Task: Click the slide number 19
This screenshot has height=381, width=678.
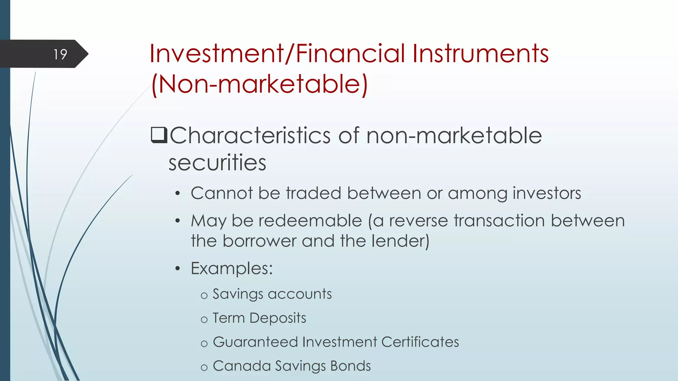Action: (x=60, y=54)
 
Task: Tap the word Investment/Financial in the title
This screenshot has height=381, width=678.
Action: (x=277, y=54)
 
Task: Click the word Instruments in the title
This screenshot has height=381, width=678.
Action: (x=480, y=54)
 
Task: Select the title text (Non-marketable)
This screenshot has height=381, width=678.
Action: (x=260, y=84)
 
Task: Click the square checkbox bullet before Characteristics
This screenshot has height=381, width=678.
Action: (x=159, y=135)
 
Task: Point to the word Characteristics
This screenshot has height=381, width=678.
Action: (x=250, y=136)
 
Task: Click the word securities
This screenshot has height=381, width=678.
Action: (x=217, y=163)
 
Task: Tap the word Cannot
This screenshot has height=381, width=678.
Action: (x=221, y=193)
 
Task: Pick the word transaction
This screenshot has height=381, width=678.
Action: (x=499, y=221)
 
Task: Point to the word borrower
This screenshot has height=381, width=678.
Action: (x=260, y=241)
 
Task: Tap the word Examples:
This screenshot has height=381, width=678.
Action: (x=232, y=268)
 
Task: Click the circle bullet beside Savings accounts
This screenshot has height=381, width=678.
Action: (x=204, y=295)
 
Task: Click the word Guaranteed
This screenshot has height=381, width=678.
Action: (x=255, y=342)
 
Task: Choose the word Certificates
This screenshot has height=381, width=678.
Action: (x=420, y=342)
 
